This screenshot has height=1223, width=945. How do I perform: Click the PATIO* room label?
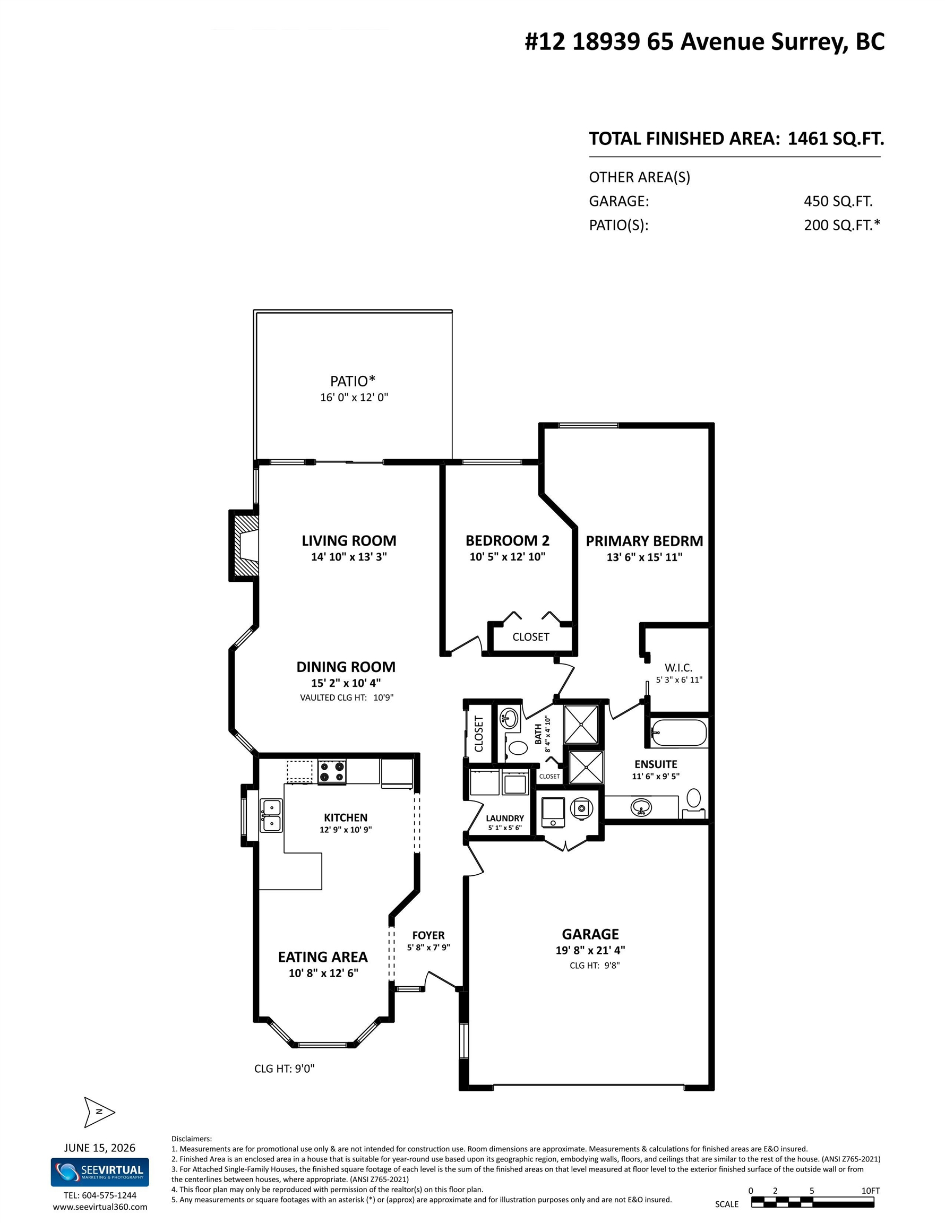pos(353,381)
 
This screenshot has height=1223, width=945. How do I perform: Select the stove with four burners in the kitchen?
pos(332,771)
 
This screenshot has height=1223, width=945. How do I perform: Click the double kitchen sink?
pos(271,815)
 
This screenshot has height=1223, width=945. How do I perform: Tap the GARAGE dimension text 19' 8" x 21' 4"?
pos(590,950)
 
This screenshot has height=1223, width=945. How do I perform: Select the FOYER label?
pos(428,935)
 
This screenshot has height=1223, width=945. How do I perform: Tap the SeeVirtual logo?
pos(100,1172)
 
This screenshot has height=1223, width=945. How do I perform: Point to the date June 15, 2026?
pos(100,1148)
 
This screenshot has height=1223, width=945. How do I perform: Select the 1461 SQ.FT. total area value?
pos(835,139)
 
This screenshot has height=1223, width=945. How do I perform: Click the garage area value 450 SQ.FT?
pos(838,201)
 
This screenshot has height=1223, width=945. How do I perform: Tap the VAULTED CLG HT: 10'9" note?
pos(347,697)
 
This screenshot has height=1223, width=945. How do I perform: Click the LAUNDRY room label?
pos(505,818)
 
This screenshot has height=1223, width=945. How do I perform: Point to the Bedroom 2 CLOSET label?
pos(530,636)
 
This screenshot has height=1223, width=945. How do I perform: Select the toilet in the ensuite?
pos(694,803)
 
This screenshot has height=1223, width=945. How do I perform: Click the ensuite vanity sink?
pos(641,807)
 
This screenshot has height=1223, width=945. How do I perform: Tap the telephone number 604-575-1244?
pos(109,1195)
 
